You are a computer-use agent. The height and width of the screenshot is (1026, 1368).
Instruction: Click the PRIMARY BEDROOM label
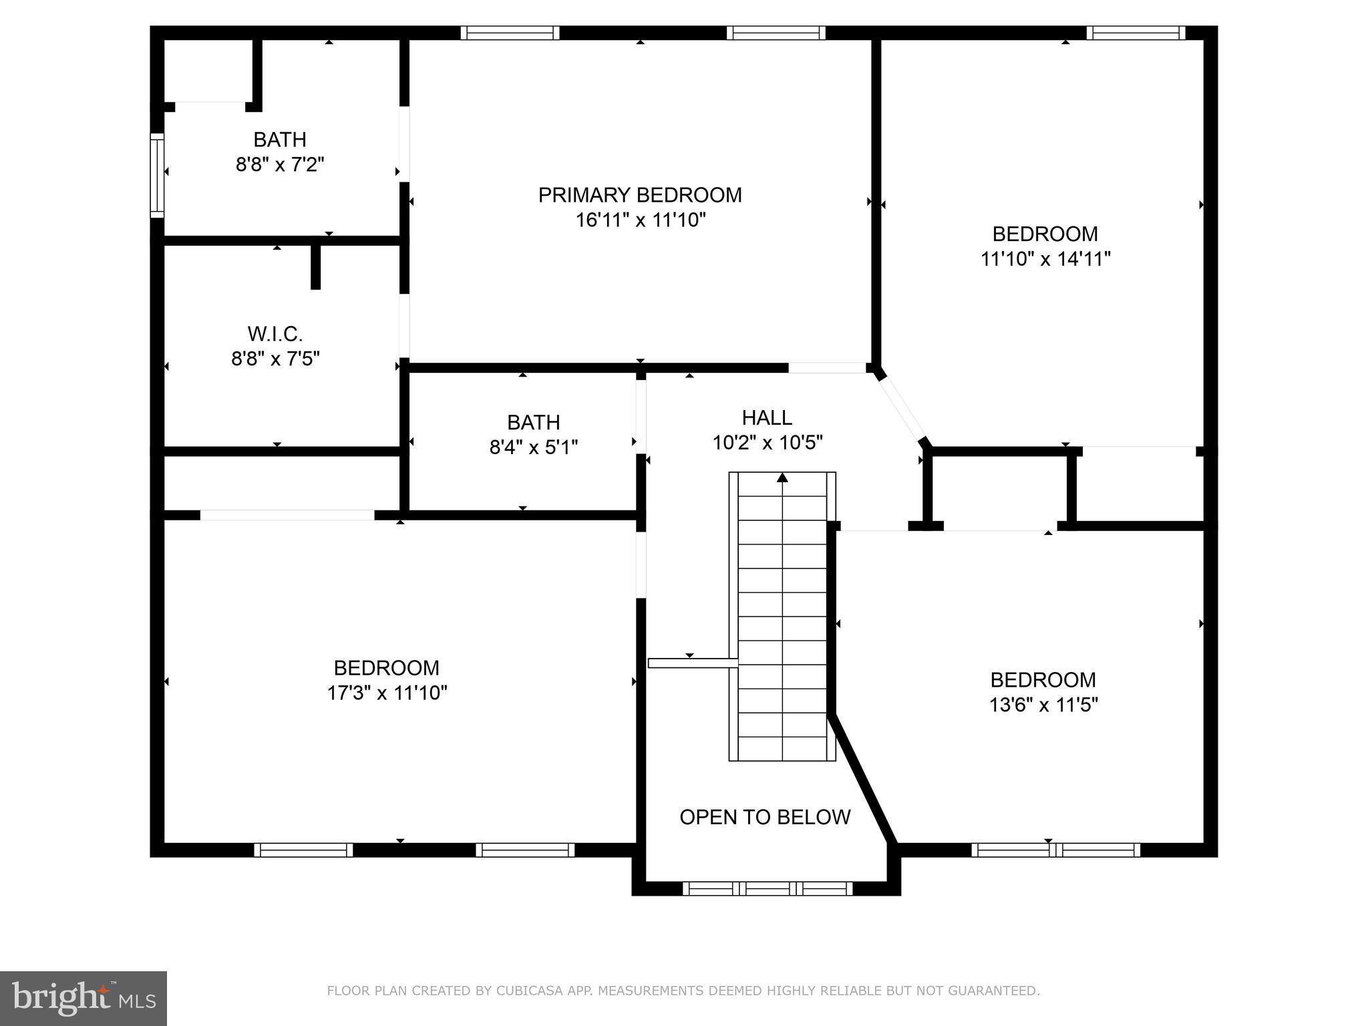[640, 195]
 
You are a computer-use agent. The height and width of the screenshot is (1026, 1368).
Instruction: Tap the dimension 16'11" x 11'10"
[640, 220]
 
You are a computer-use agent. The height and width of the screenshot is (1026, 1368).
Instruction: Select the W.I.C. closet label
[275, 333]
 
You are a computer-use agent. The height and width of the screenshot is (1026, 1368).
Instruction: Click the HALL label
[767, 417]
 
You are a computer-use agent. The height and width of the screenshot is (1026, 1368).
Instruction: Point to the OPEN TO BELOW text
[765, 817]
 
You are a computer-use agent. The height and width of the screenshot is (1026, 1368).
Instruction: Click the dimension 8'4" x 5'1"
[533, 447]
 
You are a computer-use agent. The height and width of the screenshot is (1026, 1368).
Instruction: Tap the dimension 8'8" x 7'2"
[280, 164]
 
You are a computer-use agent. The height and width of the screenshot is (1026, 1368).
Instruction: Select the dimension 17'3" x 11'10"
[387, 693]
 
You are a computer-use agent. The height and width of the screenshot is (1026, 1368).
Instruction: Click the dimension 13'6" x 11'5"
[1043, 705]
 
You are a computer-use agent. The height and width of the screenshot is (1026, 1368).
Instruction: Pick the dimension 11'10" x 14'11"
[1045, 259]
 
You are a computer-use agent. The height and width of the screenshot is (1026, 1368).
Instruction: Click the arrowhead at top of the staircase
[782, 478]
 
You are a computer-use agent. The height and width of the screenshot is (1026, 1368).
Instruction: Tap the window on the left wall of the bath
[157, 175]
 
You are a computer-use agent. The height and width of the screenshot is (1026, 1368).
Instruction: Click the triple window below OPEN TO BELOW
[767, 888]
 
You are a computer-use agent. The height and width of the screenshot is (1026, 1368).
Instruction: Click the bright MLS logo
[83, 999]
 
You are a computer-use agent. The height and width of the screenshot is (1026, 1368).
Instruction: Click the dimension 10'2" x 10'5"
[767, 442]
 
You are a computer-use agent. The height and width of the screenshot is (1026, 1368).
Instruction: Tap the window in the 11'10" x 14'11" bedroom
[1135, 33]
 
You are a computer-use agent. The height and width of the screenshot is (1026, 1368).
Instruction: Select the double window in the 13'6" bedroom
[1055, 850]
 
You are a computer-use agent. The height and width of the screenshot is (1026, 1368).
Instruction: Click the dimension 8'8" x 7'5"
[275, 359]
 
